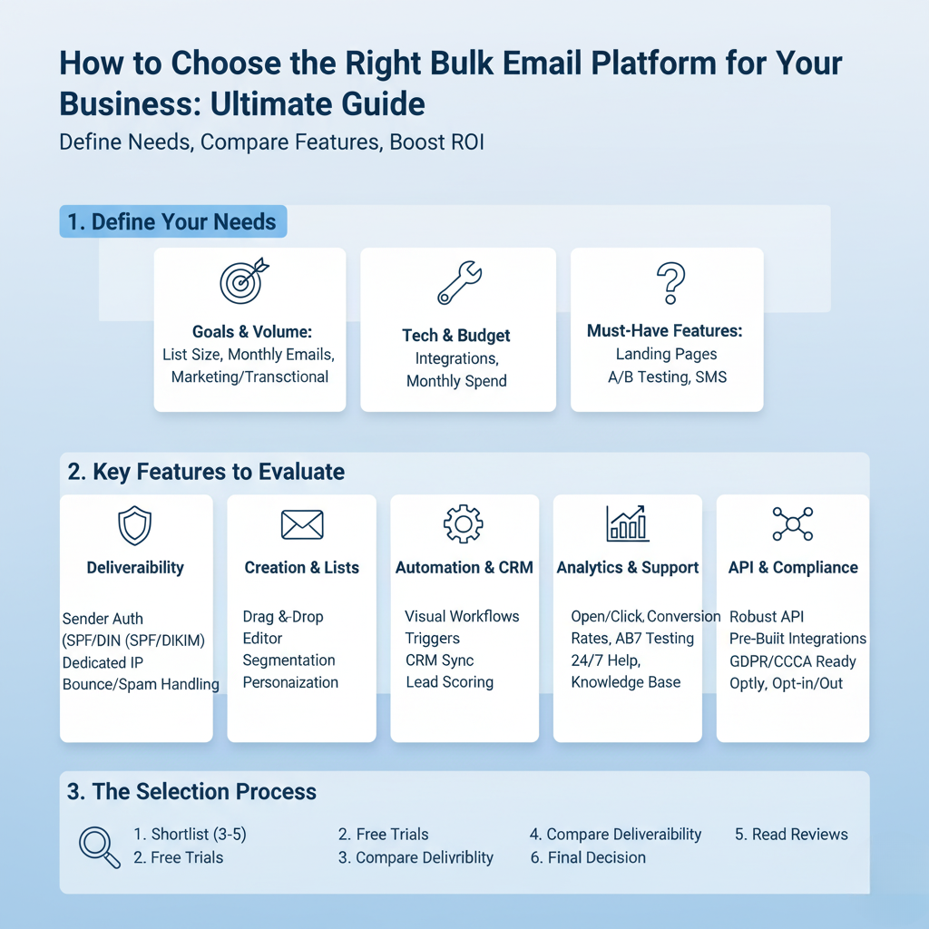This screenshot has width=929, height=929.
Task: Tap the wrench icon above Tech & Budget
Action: (459, 283)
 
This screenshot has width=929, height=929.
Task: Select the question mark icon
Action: (670, 283)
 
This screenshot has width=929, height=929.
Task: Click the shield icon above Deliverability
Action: (135, 525)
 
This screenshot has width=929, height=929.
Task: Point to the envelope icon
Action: (302, 525)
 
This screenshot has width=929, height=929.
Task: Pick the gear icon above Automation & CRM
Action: (464, 523)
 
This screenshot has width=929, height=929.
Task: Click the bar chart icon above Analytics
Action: (628, 523)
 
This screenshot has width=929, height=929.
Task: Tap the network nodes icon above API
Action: (793, 523)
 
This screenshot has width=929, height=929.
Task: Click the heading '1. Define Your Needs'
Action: (171, 221)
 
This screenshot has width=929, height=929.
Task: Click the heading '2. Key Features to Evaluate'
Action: (206, 472)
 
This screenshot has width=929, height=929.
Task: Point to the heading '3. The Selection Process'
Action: (191, 791)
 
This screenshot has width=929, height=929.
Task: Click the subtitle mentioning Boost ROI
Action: (272, 142)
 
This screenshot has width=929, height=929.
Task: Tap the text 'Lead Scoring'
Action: (450, 682)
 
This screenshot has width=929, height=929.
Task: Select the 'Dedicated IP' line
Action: (103, 662)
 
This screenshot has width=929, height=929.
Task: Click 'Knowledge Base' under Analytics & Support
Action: (626, 682)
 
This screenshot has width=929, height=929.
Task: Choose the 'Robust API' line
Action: (767, 616)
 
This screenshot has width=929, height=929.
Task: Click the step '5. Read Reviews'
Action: (791, 835)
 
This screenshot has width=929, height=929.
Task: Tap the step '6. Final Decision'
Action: (588, 857)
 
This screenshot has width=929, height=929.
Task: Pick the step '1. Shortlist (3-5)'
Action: (191, 835)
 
